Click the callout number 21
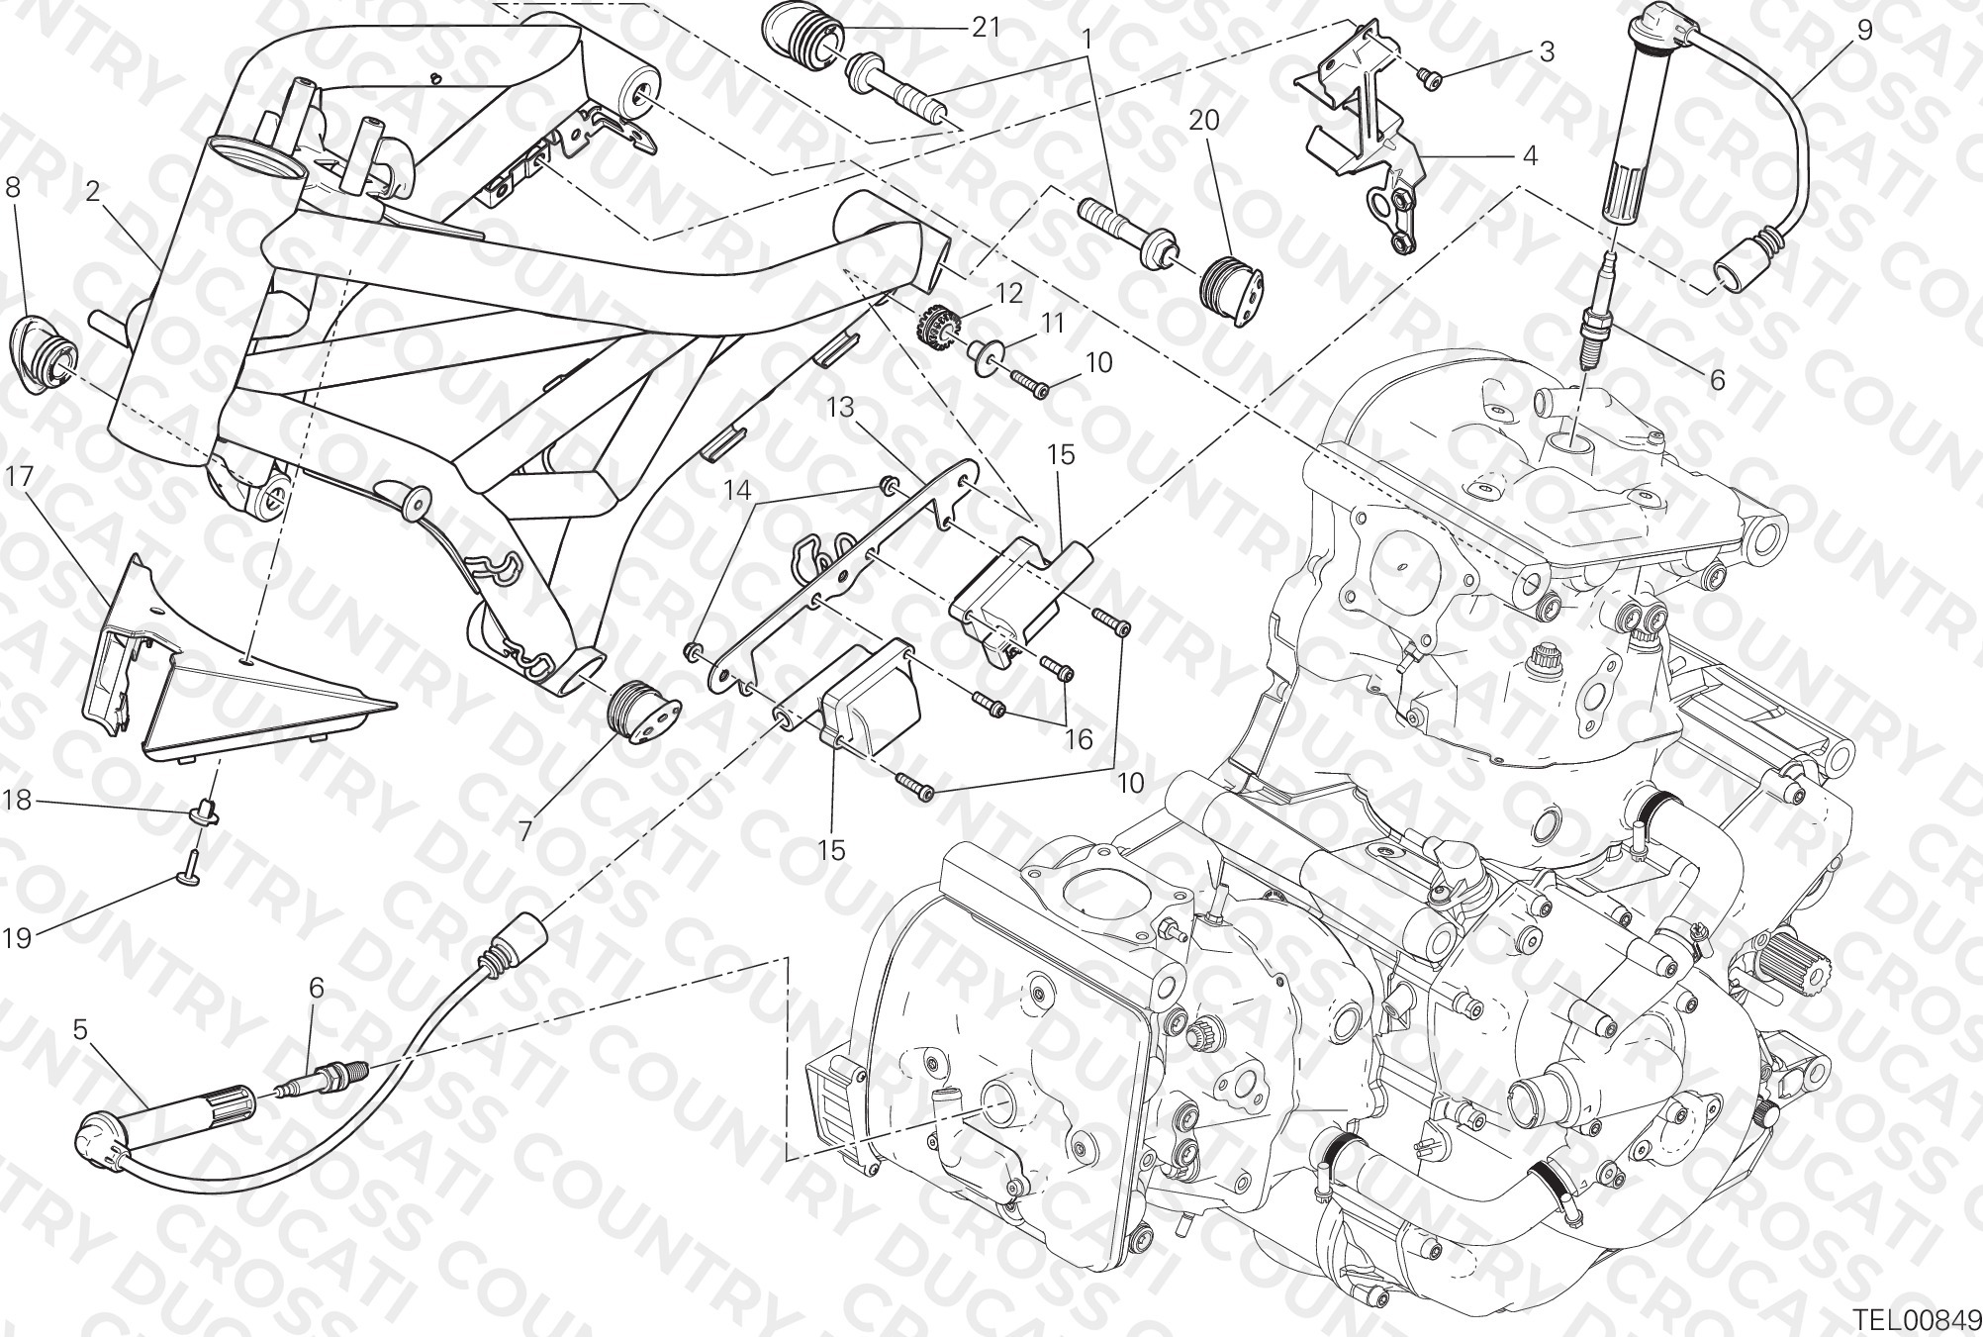[986, 28]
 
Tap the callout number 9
[1864, 29]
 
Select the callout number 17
[20, 477]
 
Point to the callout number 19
[17, 936]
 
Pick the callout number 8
[13, 187]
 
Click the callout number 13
[840, 407]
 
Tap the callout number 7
[524, 829]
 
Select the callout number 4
[1529, 155]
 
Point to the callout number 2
[93, 192]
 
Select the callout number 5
[80, 1030]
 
